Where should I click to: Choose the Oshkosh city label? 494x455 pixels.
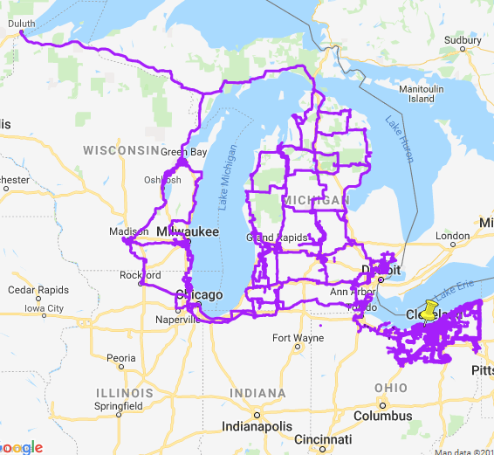[163, 180]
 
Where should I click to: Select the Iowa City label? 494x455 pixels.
[44, 308]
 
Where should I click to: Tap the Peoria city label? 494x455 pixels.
[120, 358]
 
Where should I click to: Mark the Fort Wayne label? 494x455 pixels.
[293, 338]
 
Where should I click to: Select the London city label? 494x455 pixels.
[453, 236]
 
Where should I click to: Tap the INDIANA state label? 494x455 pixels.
[258, 392]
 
